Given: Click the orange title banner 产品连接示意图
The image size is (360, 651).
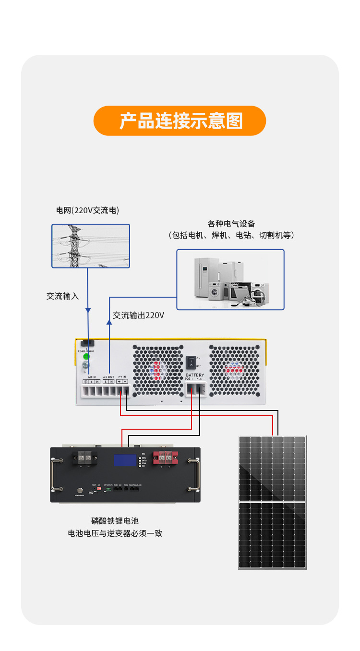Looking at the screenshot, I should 180,121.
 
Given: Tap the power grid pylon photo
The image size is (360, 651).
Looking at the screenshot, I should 91,246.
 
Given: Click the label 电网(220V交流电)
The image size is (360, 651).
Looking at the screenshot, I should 87,210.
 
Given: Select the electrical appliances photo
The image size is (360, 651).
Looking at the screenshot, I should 230,279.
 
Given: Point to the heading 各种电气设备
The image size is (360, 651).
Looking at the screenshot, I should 231,224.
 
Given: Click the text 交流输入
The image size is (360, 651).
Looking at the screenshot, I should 62,296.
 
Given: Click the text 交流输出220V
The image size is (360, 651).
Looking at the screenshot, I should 138,315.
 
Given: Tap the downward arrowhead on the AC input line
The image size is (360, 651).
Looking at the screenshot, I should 88,310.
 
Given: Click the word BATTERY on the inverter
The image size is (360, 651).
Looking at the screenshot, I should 194,375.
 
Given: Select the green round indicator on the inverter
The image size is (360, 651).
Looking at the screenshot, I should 86,356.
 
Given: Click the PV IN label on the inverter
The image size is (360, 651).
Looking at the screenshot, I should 122,377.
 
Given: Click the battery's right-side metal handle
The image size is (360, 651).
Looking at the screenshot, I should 194,475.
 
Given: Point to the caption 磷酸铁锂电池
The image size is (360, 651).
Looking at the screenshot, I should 115,521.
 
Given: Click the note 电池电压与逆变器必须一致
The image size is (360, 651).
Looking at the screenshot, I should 115,533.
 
